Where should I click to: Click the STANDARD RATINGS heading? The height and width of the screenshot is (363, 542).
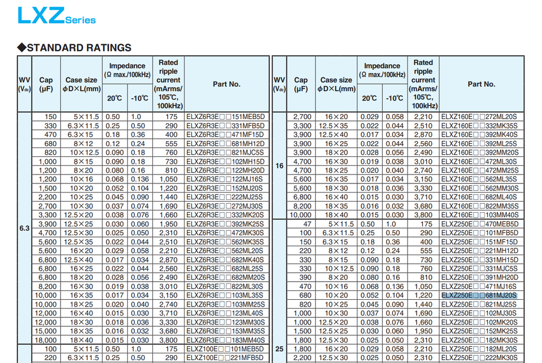(78, 47)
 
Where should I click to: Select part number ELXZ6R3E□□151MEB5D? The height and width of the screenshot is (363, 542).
(225, 117)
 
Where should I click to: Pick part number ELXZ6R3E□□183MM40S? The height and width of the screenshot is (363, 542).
(225, 340)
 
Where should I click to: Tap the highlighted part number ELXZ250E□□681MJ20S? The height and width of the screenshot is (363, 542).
(479, 295)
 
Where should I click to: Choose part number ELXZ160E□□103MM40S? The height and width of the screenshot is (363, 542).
(479, 215)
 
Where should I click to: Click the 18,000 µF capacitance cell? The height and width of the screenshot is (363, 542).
(45, 340)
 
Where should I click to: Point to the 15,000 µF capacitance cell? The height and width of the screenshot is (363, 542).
(45, 331)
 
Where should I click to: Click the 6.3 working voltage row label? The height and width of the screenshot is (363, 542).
(24, 228)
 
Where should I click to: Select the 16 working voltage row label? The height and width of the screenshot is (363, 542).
(279, 166)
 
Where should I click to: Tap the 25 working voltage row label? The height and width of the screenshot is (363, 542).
(279, 349)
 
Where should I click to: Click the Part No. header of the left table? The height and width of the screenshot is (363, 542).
(226, 84)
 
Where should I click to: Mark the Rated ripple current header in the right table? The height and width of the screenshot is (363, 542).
(423, 84)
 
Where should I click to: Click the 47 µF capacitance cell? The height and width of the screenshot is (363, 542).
(306, 224)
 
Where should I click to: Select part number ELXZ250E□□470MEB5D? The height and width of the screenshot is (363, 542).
(479, 224)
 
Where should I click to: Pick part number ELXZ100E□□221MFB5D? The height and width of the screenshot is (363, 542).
(225, 357)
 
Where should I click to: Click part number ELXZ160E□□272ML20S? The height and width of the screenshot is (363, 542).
(479, 117)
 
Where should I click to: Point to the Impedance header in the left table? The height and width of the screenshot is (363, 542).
(127, 70)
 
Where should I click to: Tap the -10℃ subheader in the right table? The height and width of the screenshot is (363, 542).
(395, 98)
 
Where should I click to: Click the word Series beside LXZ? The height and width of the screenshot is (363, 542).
(80, 20)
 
